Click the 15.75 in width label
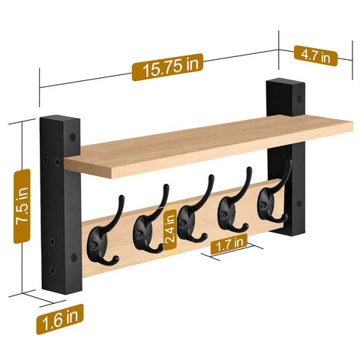point(166,66)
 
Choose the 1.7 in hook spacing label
point(229,242)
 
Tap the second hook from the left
point(144,225)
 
